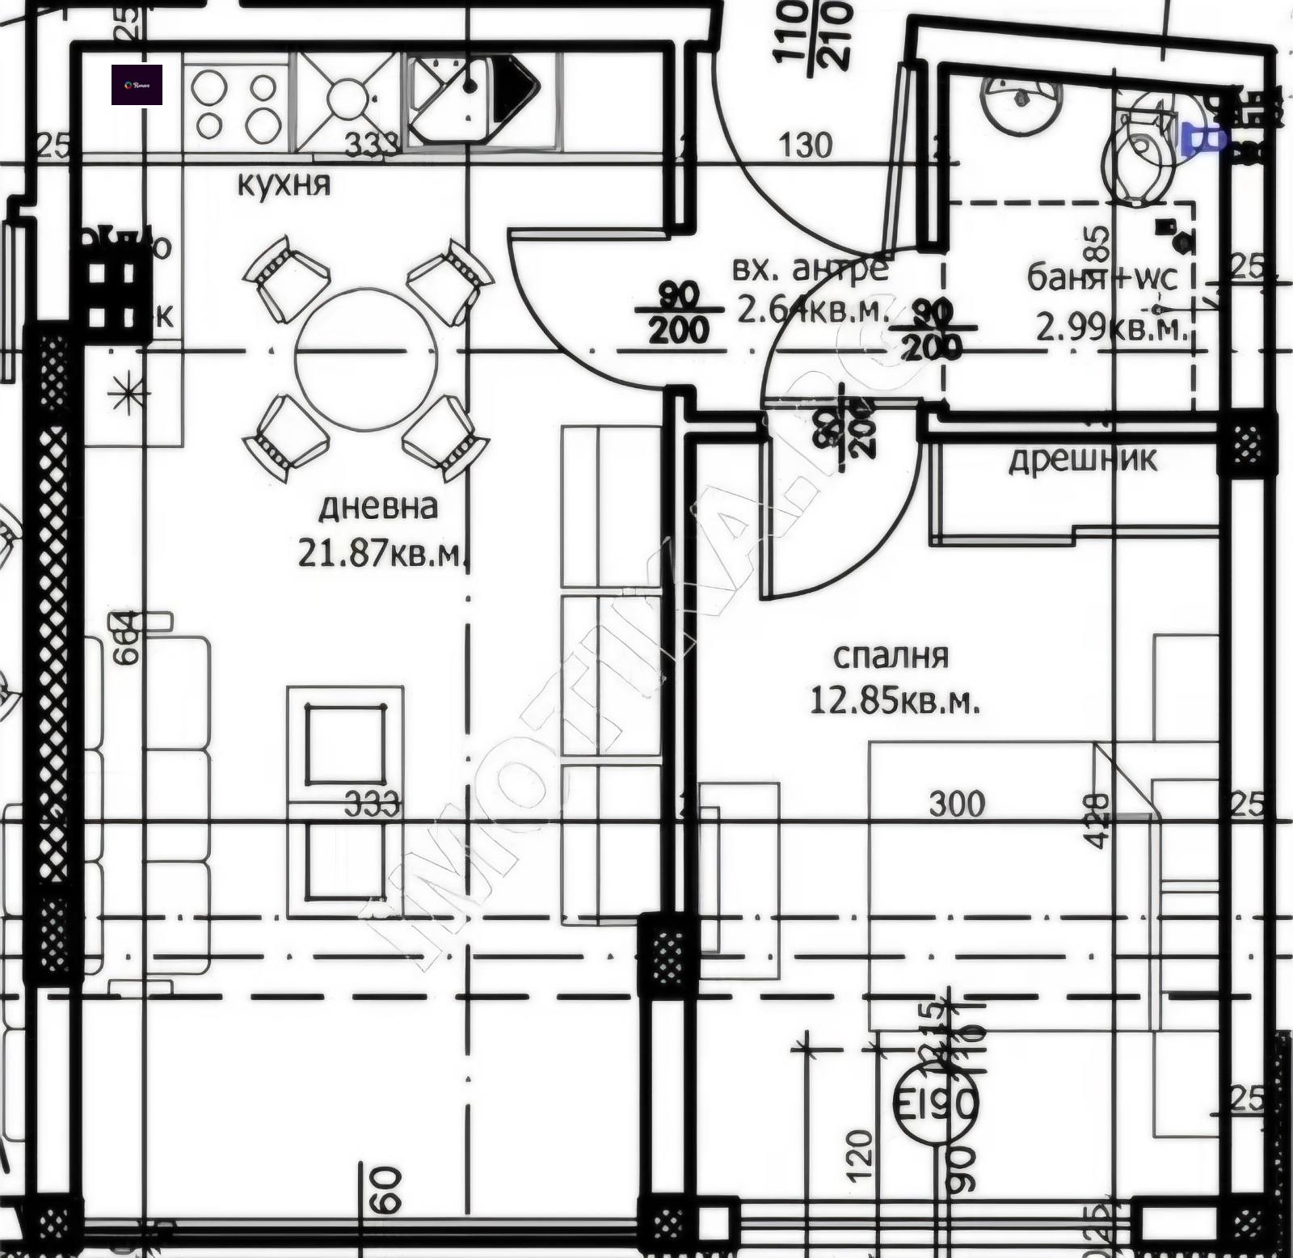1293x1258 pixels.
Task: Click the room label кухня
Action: point(284,184)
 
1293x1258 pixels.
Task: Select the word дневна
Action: point(377,507)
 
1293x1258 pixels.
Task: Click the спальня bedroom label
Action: point(891,655)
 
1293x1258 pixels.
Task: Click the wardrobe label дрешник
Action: point(1082,459)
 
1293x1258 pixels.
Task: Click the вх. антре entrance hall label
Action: point(810,268)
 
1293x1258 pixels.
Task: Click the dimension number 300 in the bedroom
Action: point(957,804)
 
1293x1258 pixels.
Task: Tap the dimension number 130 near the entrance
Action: point(806,146)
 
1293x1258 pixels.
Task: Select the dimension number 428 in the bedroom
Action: point(1097,821)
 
